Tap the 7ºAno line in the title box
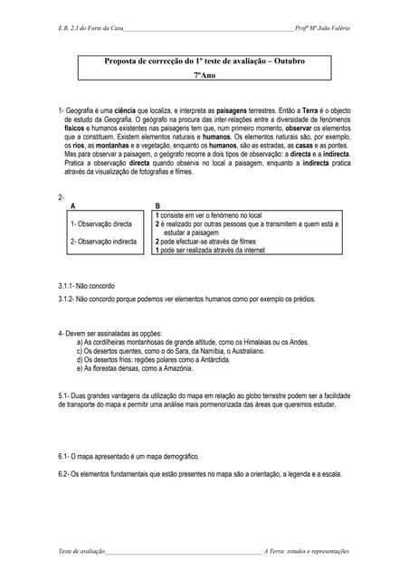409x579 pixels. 205,76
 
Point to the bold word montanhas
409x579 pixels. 109,143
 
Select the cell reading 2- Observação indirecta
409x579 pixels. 103,242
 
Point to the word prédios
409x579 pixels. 300,298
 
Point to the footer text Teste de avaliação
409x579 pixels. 81,551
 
